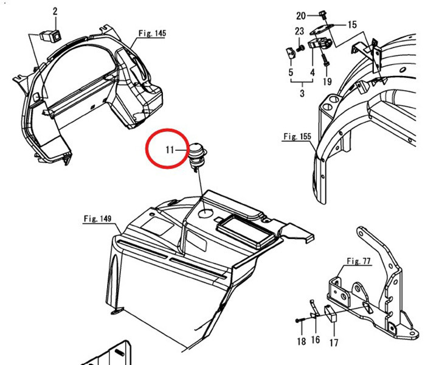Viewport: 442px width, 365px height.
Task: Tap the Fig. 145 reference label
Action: pos(151,33)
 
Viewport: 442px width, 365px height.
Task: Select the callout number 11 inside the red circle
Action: pos(171,150)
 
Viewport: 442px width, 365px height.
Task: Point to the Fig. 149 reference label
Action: pos(98,218)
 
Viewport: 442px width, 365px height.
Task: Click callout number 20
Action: pos(301,15)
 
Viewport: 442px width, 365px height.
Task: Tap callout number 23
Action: pos(300,32)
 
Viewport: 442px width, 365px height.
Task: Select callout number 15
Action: pos(352,25)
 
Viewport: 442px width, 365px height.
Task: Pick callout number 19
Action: pos(327,82)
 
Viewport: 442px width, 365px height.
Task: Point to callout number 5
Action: pos(291,72)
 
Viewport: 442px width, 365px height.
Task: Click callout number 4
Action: pos(312,72)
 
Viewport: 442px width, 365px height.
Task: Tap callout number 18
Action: pos(302,342)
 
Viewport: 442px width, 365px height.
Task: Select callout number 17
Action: pos(334,342)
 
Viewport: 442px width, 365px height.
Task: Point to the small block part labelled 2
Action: pos(49,34)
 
